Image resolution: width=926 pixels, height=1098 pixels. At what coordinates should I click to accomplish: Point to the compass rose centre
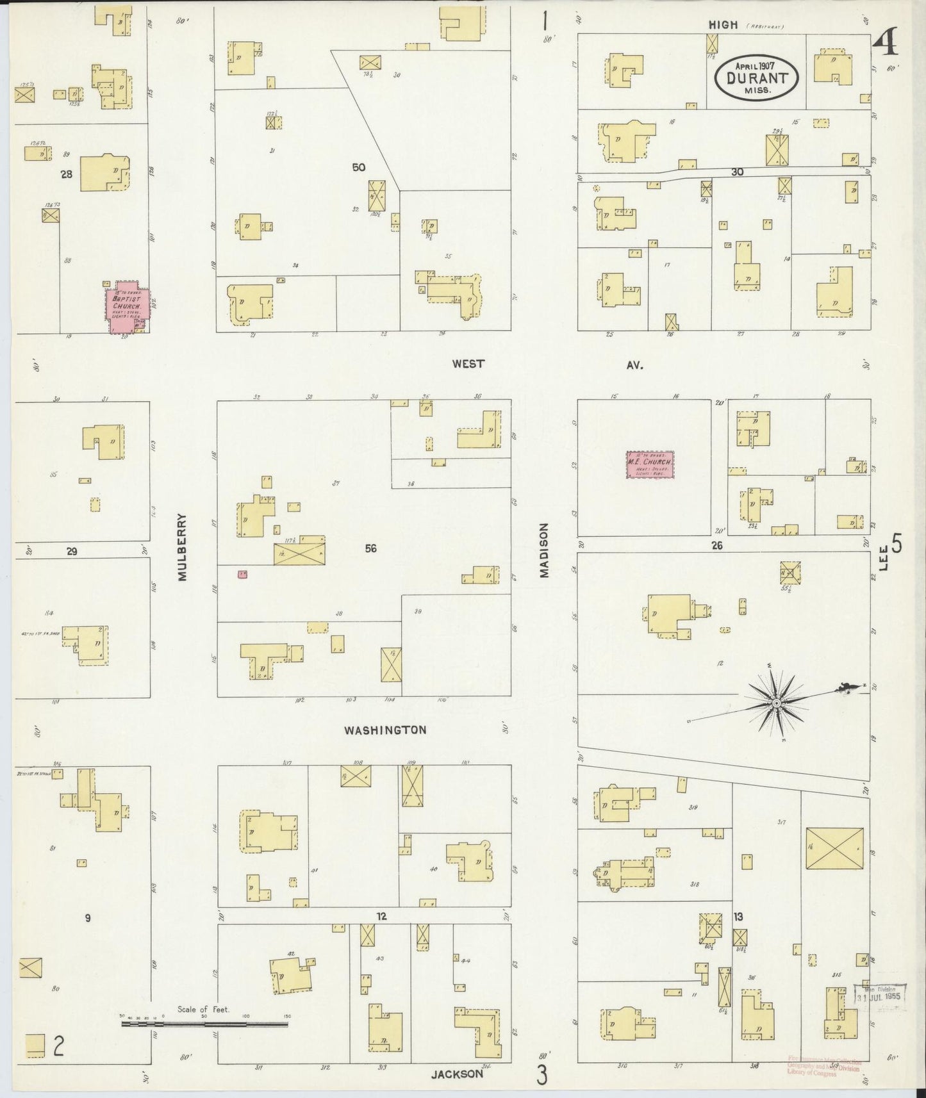(776, 703)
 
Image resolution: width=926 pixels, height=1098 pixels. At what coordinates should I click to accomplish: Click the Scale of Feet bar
(204, 1024)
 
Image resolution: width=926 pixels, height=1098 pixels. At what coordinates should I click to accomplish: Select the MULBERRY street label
(183, 546)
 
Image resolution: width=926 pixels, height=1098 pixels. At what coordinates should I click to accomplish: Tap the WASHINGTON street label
(384, 730)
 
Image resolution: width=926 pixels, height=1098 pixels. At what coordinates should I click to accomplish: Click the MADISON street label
(544, 550)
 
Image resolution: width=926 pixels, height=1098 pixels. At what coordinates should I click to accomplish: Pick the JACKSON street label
(458, 1074)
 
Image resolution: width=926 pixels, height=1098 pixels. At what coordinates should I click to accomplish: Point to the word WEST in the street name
(468, 364)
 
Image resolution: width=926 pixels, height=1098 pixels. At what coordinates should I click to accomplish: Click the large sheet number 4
(886, 45)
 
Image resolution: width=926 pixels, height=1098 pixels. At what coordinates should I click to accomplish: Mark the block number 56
(370, 548)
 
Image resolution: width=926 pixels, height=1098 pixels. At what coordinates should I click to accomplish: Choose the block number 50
(358, 167)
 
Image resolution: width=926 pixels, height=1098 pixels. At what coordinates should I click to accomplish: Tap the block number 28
(66, 174)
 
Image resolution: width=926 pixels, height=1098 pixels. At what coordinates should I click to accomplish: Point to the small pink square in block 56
(242, 575)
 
